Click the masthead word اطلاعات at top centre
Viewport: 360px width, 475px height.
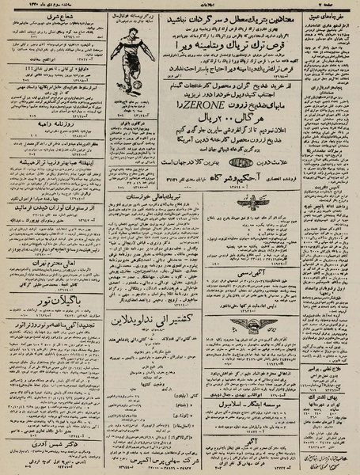pos(180,4)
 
